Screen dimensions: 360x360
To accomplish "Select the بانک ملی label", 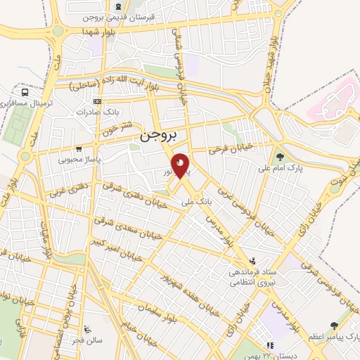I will (195, 202).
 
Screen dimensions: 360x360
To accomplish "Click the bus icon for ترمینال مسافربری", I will (25, 92).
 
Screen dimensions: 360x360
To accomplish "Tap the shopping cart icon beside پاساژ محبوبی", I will (78, 149).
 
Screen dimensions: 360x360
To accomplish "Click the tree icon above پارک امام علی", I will (280, 157).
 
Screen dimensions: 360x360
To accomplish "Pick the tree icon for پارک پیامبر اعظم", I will (334, 326).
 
